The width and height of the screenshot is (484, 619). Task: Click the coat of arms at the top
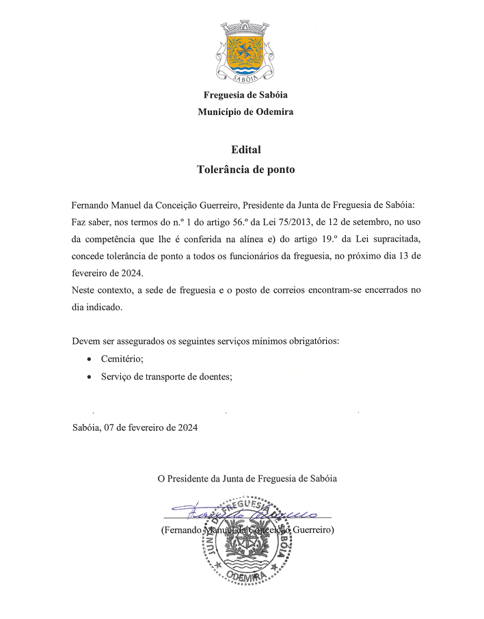coord(245,51)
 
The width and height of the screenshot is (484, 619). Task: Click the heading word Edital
coord(245,150)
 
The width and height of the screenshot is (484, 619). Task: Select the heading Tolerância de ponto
coord(245,169)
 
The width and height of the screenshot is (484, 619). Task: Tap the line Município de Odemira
coord(245,111)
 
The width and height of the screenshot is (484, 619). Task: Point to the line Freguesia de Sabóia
coord(245,95)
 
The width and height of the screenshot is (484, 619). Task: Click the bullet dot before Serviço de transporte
coord(89,376)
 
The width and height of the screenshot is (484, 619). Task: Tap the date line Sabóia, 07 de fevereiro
coord(135,427)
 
